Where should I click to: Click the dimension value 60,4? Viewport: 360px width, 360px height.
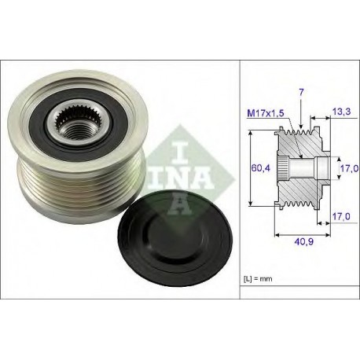(260, 167)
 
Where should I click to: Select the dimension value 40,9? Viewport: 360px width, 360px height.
(304, 241)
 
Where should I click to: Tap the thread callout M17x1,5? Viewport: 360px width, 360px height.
(266, 113)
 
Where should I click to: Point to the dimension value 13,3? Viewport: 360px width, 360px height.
(341, 112)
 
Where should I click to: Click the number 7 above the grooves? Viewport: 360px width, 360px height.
(301, 92)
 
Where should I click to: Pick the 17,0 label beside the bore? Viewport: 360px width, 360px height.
(349, 168)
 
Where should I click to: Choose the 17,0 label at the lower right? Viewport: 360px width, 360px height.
(341, 216)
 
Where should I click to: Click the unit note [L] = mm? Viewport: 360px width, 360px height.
(258, 279)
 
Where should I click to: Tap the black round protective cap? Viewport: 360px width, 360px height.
(175, 231)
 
